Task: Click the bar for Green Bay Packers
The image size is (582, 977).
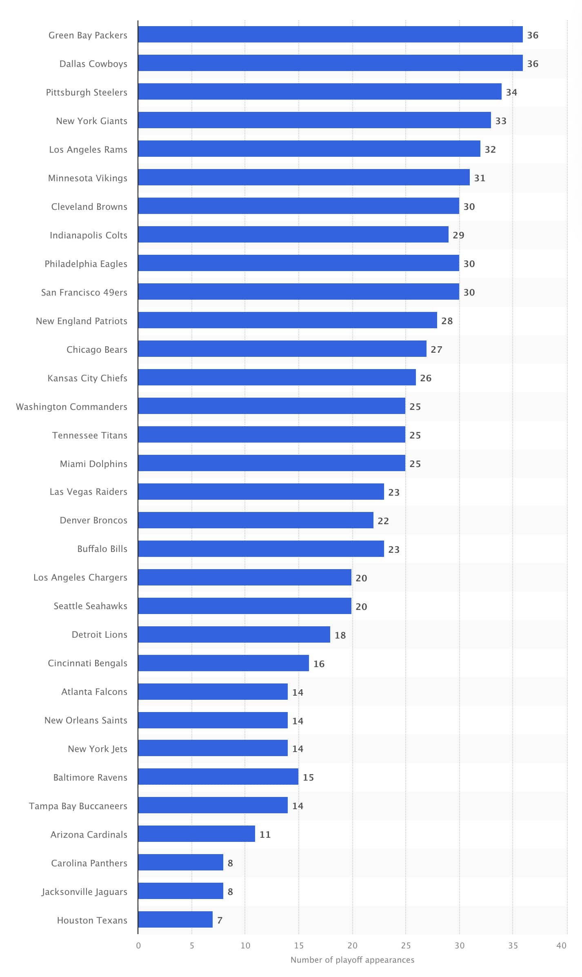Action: point(330,34)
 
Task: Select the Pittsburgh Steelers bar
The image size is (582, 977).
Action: point(320,91)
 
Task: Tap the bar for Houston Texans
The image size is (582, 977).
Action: point(175,919)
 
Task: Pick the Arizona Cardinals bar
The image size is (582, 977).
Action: point(196,834)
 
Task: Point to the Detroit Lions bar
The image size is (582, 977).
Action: point(234,634)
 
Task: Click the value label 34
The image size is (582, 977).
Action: point(511,92)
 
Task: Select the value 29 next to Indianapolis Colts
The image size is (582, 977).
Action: point(458,235)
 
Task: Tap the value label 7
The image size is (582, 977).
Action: point(220,920)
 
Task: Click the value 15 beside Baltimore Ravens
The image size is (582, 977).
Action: point(308,777)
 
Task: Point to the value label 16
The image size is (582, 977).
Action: point(319,664)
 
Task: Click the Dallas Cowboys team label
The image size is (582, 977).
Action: point(93,64)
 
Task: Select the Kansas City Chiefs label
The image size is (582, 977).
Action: point(87,378)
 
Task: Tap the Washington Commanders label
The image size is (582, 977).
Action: point(71,407)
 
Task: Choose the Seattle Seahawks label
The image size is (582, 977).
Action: point(90,606)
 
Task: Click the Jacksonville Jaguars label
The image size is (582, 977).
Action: point(84,892)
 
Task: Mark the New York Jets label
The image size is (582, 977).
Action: point(98,749)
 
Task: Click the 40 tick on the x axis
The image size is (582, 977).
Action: point(562,946)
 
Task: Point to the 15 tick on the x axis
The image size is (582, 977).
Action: point(299,946)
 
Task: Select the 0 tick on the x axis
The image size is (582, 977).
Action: point(138,946)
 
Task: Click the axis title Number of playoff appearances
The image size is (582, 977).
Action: point(352,960)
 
